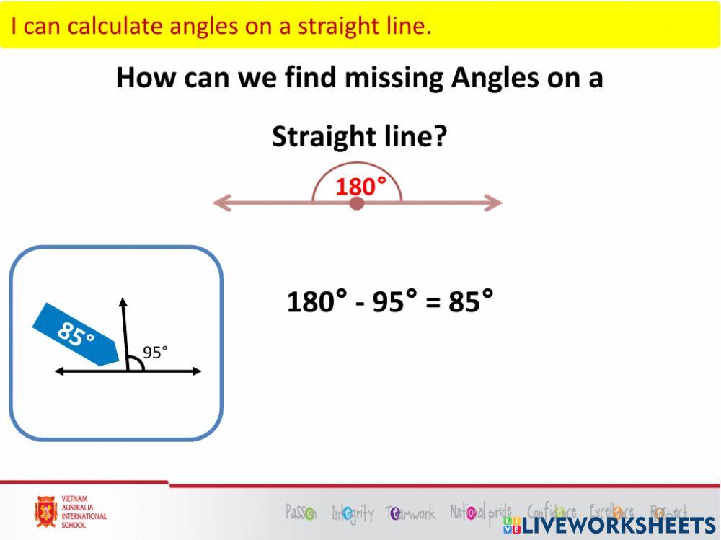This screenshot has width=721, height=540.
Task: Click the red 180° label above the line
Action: point(360,187)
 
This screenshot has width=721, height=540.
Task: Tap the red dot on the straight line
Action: point(356,204)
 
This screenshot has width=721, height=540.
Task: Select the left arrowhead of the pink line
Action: point(220,204)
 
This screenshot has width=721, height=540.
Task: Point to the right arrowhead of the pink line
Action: point(493,203)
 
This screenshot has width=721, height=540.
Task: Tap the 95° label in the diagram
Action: point(155,352)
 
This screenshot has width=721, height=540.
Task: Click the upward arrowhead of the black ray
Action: point(123,303)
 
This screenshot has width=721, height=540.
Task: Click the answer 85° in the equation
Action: point(471,301)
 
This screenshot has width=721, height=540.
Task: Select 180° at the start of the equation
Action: point(317,301)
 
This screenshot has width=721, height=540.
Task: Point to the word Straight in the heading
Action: point(322,136)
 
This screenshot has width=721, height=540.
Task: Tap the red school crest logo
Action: point(46,512)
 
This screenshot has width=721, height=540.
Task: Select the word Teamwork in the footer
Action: point(412,513)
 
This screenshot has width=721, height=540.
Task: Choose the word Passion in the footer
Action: point(301,513)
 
